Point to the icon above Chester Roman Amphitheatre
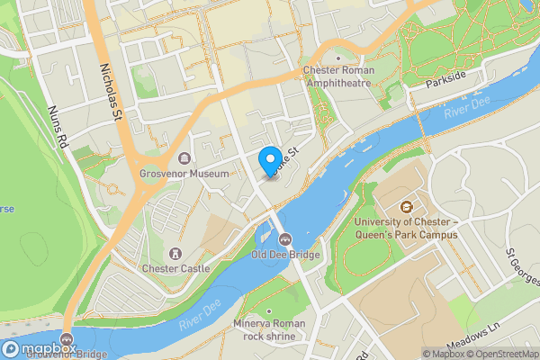tap(338, 58)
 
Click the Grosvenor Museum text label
tap(184, 173)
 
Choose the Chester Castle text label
tap(175, 268)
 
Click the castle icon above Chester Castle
tap(175, 254)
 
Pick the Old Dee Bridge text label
tap(285, 254)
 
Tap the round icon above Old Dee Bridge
tap(285, 239)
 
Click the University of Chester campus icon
tap(406, 208)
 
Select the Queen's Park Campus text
tap(406, 234)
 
